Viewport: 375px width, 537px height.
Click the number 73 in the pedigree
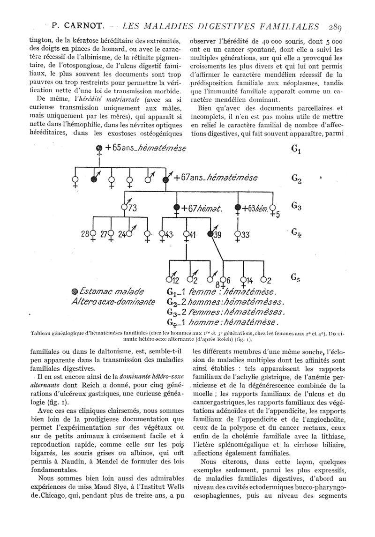(x=133, y=209)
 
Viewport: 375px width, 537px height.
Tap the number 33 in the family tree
(x=245, y=234)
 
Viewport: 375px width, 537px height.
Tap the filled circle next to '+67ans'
(x=165, y=178)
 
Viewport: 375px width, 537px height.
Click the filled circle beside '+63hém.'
(x=238, y=208)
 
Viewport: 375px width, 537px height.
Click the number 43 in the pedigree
(x=169, y=234)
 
